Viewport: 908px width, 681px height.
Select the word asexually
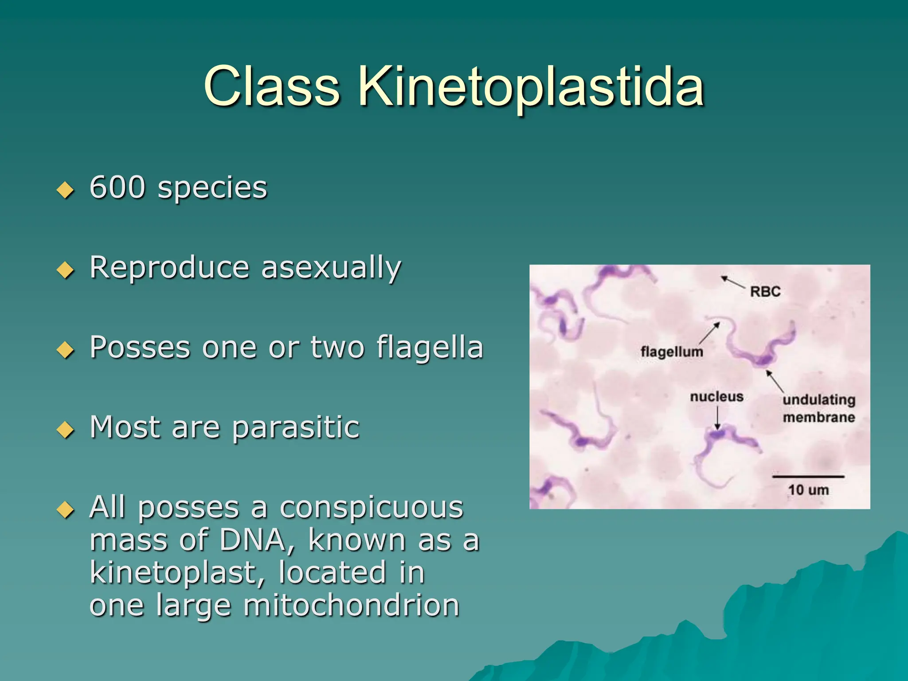tap(331, 268)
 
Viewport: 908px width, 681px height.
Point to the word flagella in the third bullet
tap(430, 347)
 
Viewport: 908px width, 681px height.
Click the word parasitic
tap(295, 428)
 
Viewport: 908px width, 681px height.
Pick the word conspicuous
tap(372, 508)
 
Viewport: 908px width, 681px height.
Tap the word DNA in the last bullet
tap(253, 540)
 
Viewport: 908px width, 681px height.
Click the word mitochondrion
tap(351, 606)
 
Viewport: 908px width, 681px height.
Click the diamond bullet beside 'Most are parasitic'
tap(66, 430)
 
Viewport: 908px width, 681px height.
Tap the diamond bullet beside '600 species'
tap(66, 190)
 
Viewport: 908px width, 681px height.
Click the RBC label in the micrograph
tap(765, 292)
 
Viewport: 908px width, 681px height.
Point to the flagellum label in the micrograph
tap(672, 352)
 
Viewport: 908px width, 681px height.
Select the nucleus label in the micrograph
tap(716, 397)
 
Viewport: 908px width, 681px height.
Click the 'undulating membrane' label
tap(818, 408)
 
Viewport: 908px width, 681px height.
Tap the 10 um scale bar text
tap(808, 490)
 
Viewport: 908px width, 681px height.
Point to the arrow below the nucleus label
tap(717, 419)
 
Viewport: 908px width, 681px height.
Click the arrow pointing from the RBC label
tap(732, 282)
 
